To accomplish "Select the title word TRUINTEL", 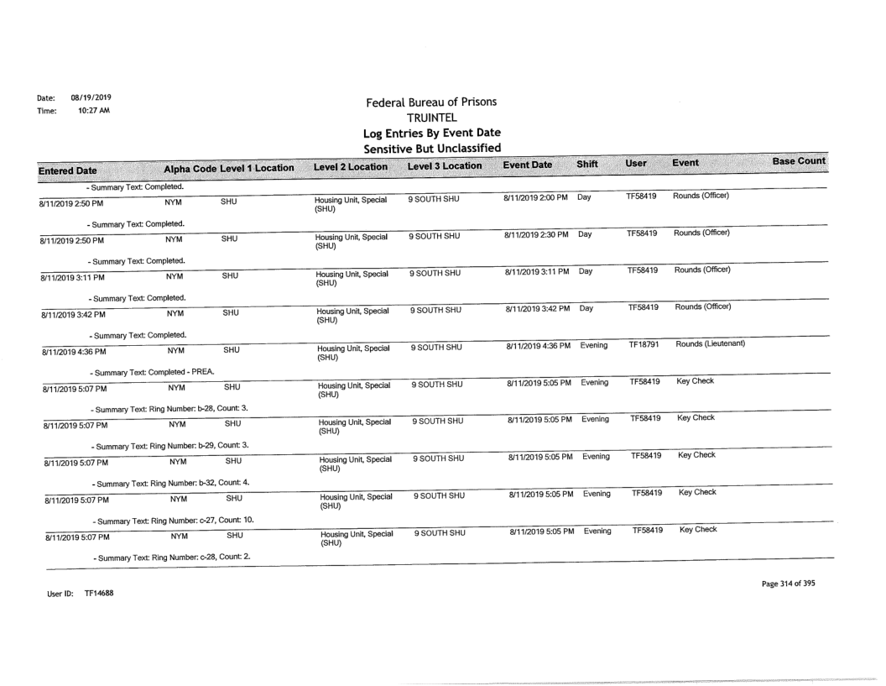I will (x=430, y=118).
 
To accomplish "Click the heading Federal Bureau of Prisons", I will (x=430, y=102).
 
